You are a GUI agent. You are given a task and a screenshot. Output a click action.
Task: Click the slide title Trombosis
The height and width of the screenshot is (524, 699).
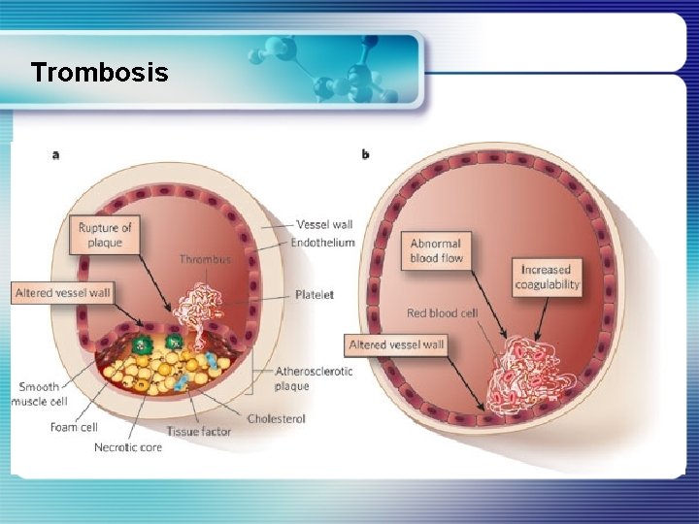pyautogui.click(x=99, y=72)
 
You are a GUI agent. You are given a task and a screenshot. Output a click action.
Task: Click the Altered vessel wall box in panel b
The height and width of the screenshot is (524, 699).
pyautogui.click(x=396, y=344)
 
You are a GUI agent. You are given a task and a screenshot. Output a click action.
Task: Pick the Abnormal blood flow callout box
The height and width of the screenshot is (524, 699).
pyautogui.click(x=436, y=250)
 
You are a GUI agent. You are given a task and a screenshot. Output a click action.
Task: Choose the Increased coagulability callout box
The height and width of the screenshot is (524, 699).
pyautogui.click(x=549, y=277)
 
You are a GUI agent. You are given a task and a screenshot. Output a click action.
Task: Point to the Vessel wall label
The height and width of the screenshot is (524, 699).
pyautogui.click(x=325, y=224)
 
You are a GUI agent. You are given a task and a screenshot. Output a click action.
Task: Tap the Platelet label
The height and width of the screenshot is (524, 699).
pyautogui.click(x=315, y=295)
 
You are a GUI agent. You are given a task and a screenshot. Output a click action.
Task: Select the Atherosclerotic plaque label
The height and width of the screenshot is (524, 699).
pyautogui.click(x=314, y=378)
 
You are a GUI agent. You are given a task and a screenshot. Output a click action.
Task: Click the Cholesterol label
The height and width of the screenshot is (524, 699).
pyautogui.click(x=277, y=418)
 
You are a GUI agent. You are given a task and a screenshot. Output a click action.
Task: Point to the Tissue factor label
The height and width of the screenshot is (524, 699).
pyautogui.click(x=199, y=432)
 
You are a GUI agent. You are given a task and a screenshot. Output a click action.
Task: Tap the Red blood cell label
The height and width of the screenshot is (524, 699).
pyautogui.click(x=443, y=312)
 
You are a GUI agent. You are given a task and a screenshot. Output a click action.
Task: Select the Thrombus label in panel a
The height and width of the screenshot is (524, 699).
pyautogui.click(x=206, y=259)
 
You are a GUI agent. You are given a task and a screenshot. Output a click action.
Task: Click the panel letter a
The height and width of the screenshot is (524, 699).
pyautogui.click(x=54, y=154)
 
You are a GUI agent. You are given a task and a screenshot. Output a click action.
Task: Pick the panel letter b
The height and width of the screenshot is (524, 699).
pyautogui.click(x=365, y=153)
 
